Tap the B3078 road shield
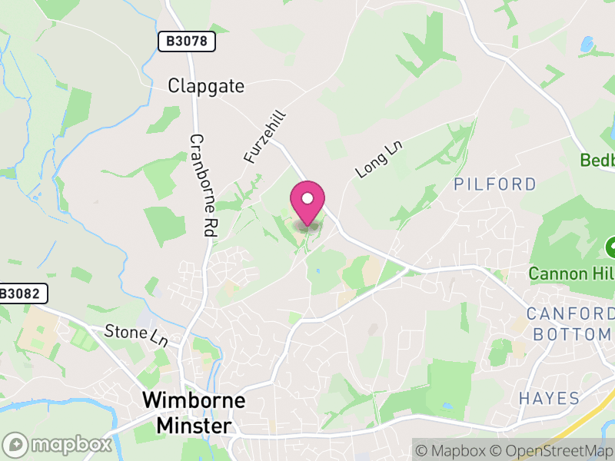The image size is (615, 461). coord(186,41)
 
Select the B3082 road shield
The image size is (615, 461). coord(22,293)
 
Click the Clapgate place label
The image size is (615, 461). coord(206,86)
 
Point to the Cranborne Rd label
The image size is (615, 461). coord(201,184)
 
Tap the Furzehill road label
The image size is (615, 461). coord(265,136)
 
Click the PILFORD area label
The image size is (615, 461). coord(494,184)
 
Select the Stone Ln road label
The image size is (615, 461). coord(136,336)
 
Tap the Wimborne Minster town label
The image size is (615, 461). coord(194,413)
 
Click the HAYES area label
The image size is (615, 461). coord(548,398)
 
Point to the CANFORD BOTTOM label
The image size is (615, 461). coord(571,323)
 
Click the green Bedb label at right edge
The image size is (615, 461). coord(597,161)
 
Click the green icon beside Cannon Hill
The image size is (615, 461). coord(611,247)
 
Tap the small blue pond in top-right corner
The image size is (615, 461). coord(587,44)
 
